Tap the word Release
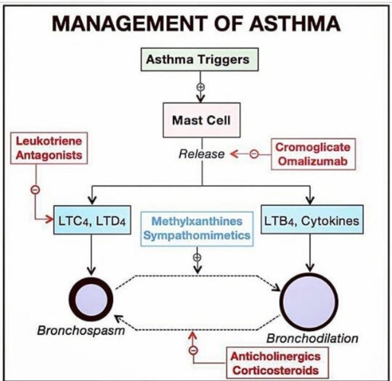202,154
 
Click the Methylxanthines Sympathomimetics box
197,228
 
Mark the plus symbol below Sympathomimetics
197,257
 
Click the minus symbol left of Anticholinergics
194,351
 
